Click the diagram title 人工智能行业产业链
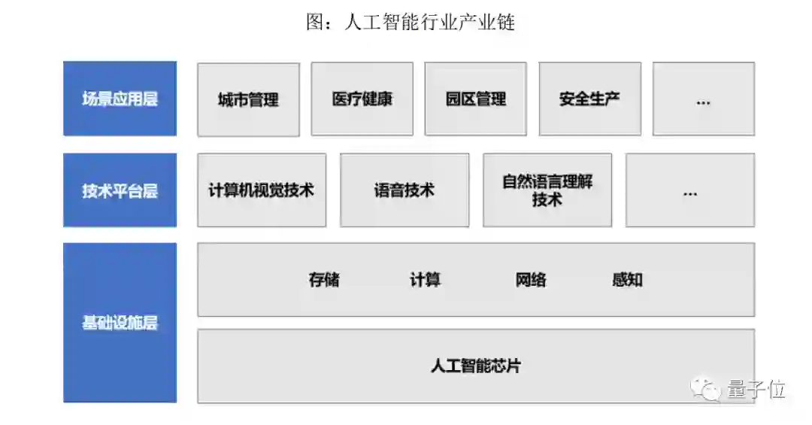[410, 23]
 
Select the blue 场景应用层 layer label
[120, 99]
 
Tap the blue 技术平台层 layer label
[120, 190]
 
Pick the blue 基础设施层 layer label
[120, 323]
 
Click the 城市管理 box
[248, 99]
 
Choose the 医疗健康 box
[362, 99]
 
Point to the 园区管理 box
[475, 99]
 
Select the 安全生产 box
[589, 99]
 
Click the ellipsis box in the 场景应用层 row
[703, 99]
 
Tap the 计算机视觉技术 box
[262, 190]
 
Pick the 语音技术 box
[404, 190]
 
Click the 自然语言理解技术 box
[547, 190]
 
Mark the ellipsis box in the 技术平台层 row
[689, 190]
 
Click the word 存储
[324, 280]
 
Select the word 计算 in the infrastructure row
[425, 280]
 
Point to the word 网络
[531, 280]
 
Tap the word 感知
[627, 280]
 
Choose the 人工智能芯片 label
[476, 366]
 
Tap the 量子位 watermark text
[756, 389]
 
